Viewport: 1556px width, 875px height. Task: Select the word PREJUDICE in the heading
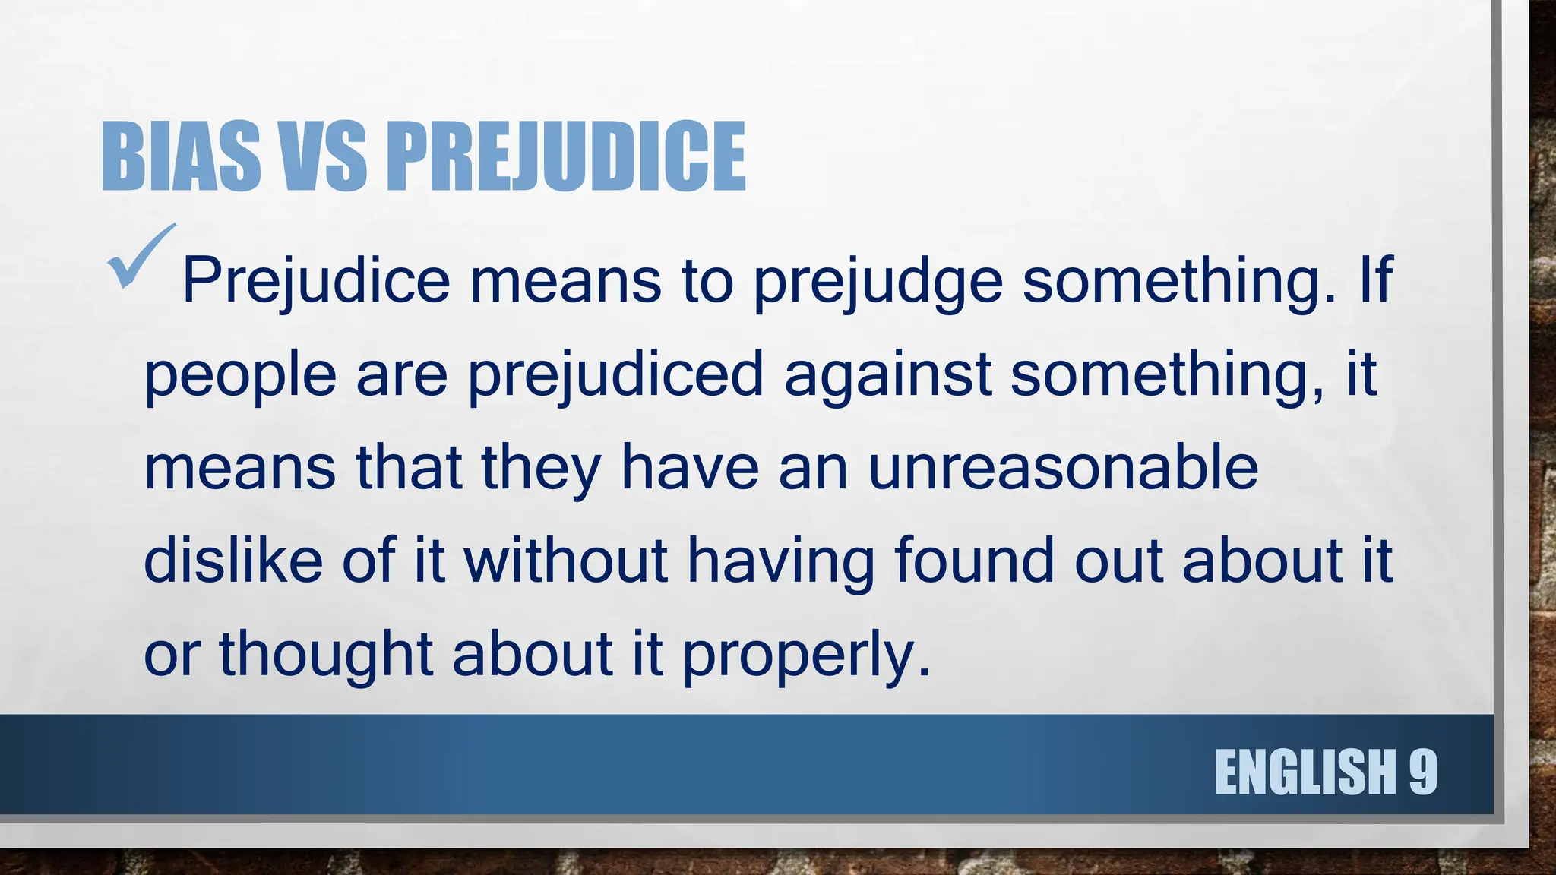tap(566, 157)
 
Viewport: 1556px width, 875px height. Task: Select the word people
tap(240, 375)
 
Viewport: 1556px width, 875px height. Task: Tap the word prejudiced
tap(615, 375)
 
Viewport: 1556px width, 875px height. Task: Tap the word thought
tap(326, 655)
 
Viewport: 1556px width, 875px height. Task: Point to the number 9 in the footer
tap(1423, 772)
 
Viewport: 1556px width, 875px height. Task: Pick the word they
tap(541, 469)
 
